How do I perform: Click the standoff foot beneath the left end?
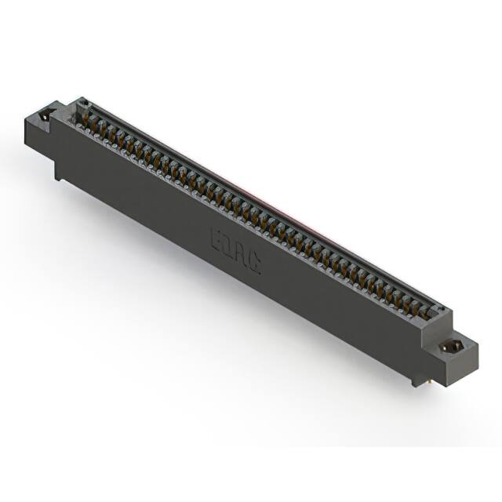tap(58, 174)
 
